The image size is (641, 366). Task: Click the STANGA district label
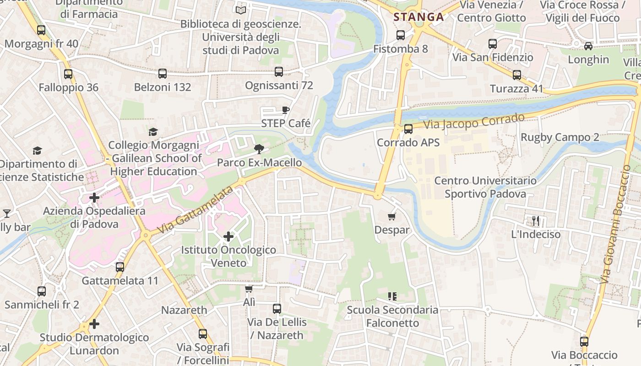[418, 17]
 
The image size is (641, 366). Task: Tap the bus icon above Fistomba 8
[401, 35]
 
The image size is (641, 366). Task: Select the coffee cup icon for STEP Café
[286, 110]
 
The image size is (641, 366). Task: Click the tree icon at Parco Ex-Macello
[259, 149]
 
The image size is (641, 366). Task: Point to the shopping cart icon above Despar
[391, 216]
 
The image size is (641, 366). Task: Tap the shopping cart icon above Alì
[249, 289]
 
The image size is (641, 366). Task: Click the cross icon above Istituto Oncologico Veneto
[228, 237]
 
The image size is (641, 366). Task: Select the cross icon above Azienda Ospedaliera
[94, 198]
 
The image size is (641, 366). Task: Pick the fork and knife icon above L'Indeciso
[536, 221]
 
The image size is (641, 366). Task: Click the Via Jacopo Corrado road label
[473, 121]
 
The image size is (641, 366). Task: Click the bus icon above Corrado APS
[408, 129]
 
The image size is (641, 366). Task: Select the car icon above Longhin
[588, 46]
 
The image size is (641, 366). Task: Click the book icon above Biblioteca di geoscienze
[240, 10]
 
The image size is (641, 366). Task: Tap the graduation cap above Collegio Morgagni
[153, 132]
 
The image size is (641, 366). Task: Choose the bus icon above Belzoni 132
[163, 73]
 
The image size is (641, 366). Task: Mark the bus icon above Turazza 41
[517, 75]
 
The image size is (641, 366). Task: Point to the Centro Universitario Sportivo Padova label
[485, 187]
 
